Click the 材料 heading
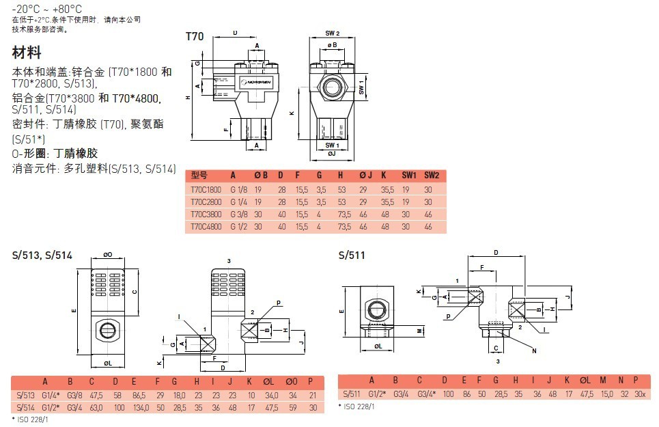click(27, 53)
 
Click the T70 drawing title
click(195, 37)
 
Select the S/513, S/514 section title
click(42, 256)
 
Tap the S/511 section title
click(352, 256)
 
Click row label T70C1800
click(206, 189)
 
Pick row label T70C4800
click(206, 226)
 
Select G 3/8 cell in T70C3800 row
click(239, 214)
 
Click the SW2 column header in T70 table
click(432, 175)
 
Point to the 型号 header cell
click(199, 175)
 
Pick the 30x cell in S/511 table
click(639, 394)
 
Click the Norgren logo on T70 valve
click(254, 81)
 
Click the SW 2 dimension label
click(333, 33)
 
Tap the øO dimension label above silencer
click(108, 255)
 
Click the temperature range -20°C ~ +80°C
click(47, 9)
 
